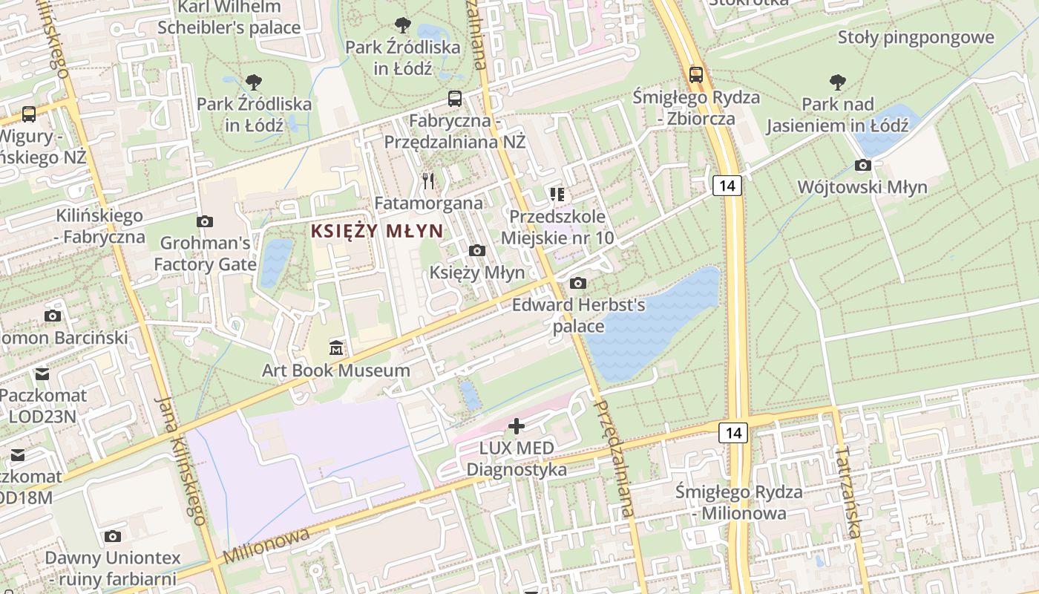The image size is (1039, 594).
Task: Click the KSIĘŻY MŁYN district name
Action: tap(377, 231)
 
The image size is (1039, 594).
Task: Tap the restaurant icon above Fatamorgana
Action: tap(428, 180)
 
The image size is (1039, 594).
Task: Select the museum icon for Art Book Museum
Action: tap(336, 347)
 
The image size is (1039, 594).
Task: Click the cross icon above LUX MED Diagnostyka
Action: tap(517, 426)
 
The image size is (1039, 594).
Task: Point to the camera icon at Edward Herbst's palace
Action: tap(578, 283)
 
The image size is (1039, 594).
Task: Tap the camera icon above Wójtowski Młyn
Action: tap(862, 165)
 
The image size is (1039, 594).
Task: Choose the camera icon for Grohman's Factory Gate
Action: tap(205, 221)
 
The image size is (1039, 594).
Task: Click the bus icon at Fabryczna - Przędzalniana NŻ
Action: tap(454, 98)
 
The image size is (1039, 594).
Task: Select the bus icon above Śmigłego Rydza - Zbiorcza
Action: tap(696, 74)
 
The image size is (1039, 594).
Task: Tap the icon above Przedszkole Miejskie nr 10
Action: tap(557, 195)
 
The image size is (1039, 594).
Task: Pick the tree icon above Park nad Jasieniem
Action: tap(838, 82)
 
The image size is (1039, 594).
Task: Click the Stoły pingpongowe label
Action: tap(915, 38)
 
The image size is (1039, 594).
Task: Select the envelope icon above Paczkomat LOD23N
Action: tap(42, 373)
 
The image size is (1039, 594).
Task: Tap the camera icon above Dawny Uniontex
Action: tap(113, 536)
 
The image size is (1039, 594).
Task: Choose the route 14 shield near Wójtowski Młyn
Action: tap(727, 185)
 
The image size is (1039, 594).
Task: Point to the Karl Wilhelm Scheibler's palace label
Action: tap(229, 18)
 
